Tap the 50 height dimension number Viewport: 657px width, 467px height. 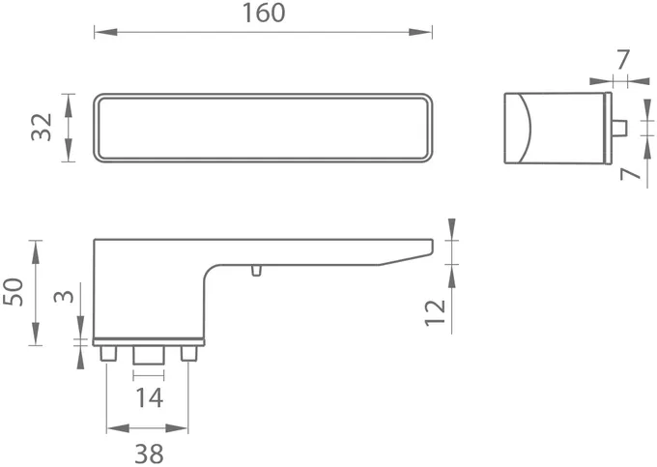(14, 292)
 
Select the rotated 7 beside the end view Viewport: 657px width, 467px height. (631, 175)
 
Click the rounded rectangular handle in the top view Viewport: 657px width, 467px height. (263, 127)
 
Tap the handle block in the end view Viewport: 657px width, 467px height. (556, 127)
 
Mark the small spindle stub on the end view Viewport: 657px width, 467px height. (618, 128)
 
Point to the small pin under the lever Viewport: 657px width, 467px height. (255, 270)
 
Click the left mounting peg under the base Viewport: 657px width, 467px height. (108, 354)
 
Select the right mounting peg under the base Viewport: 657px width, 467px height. (188, 354)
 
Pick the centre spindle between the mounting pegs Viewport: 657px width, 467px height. (149, 356)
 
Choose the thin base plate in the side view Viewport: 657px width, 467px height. (149, 341)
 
